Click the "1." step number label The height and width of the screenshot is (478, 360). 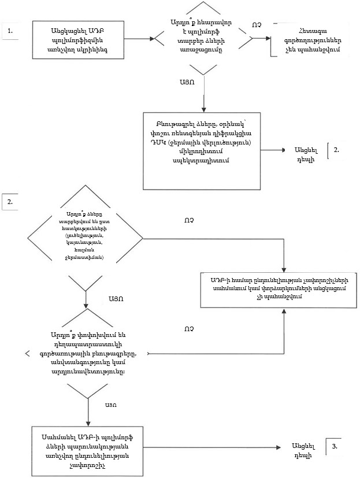pos(10,31)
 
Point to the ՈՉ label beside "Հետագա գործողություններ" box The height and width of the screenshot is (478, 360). pos(257,25)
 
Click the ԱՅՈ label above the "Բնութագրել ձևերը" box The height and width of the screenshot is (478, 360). pos(187,82)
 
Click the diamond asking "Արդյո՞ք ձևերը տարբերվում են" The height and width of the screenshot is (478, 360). pos(85,238)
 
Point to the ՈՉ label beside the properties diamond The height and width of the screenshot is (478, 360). pos(188,220)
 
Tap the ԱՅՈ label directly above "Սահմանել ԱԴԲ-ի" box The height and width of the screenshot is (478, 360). pos(112,404)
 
